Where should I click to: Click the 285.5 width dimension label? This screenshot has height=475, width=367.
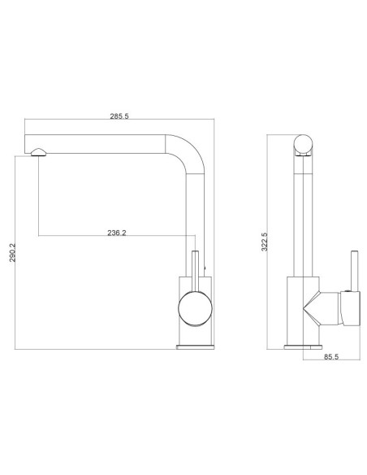tap(120, 116)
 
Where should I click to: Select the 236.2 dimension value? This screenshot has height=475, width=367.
tap(117, 233)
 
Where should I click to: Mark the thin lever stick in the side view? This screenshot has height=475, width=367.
tap(352, 268)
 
